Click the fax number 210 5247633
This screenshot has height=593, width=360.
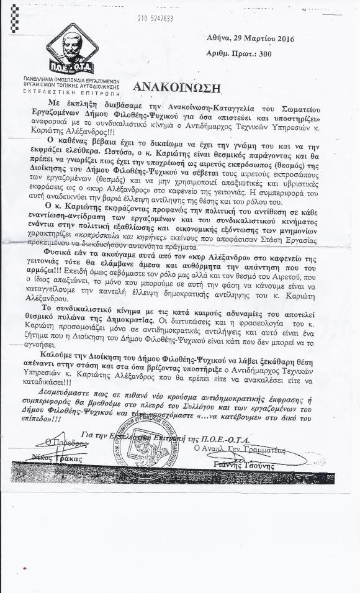click(x=156, y=19)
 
